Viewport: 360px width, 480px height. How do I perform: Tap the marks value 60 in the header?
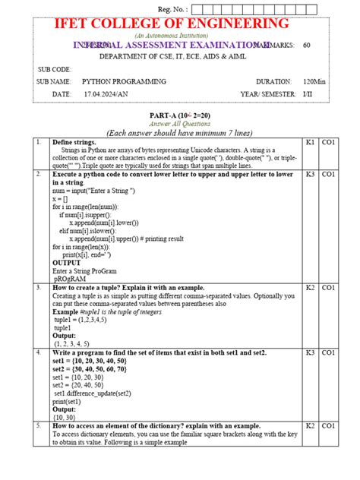(x=307, y=46)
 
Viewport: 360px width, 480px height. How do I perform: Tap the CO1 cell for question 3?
(x=328, y=288)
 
